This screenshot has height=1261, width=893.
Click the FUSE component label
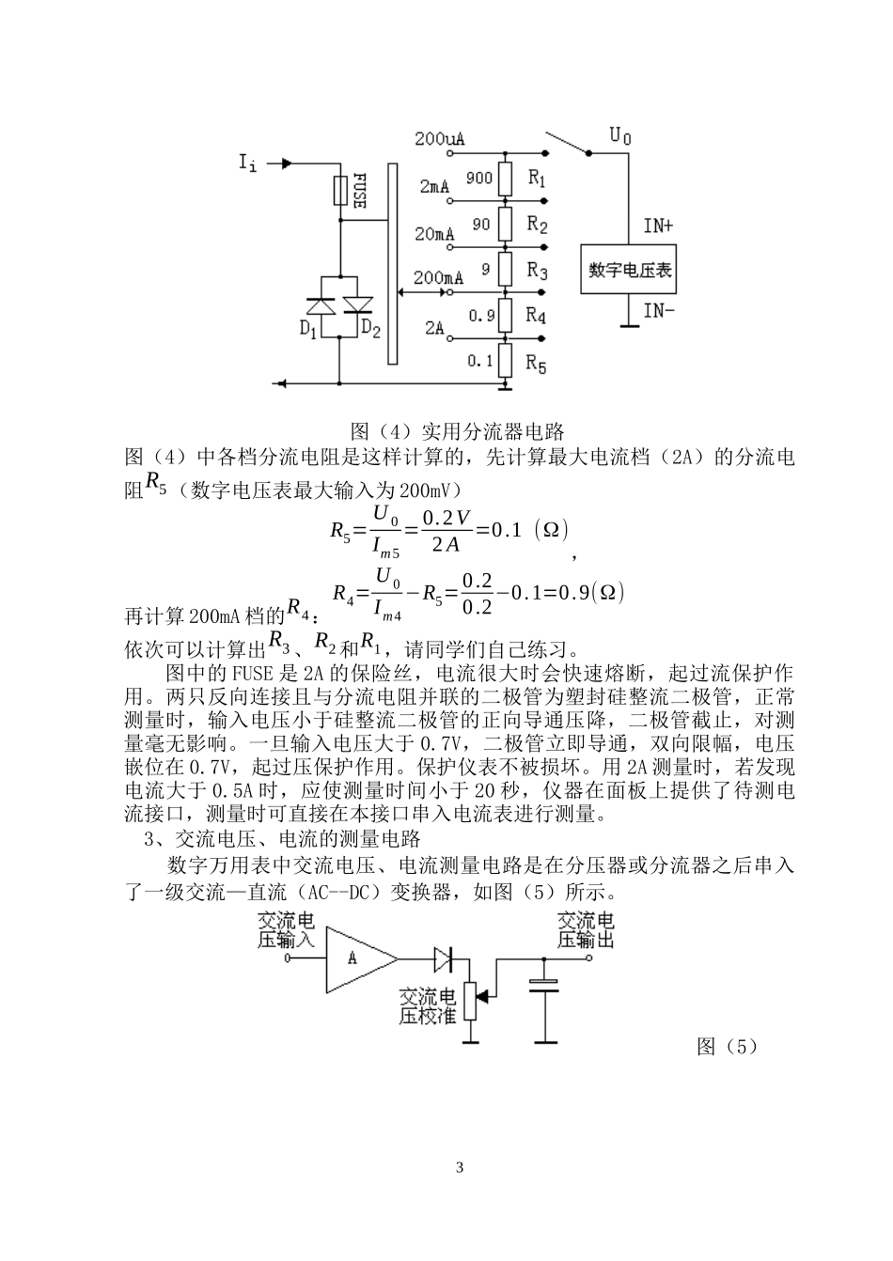[x=359, y=191]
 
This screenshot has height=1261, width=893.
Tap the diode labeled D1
[x=321, y=305]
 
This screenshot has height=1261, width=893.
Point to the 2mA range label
[x=435, y=187]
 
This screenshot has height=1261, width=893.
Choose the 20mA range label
[x=435, y=233]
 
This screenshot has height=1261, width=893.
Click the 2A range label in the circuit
[x=434, y=328]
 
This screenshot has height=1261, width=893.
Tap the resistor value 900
[x=479, y=178]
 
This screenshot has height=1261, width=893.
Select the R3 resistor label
[x=537, y=272]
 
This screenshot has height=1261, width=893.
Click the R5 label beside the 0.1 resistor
[x=536, y=363]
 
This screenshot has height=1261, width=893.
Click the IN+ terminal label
[x=658, y=226]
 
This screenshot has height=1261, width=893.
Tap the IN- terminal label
[x=658, y=310]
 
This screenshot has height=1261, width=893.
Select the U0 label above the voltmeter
[x=620, y=136]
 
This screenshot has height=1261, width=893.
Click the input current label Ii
[x=247, y=164]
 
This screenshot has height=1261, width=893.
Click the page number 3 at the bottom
[x=459, y=1168]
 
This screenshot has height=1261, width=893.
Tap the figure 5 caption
[x=727, y=1047]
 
